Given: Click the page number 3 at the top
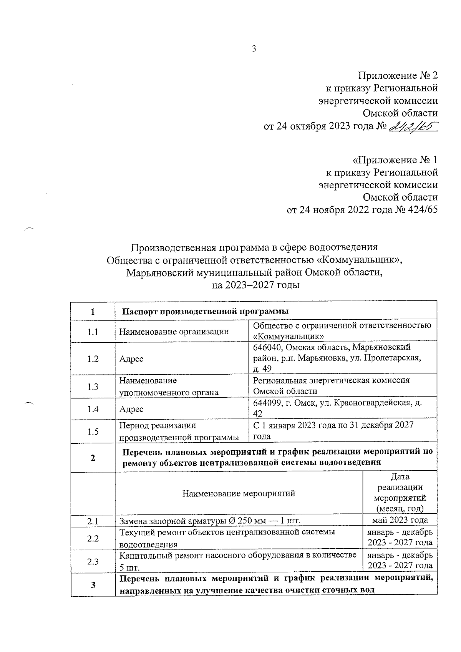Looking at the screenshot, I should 253,49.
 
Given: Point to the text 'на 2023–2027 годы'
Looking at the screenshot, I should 255,285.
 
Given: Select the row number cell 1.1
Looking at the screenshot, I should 93,332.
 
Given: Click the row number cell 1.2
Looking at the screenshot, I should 93,358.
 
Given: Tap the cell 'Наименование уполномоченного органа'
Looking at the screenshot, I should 169,387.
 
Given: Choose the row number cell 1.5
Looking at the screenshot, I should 93,431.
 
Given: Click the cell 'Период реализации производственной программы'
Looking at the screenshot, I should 179,431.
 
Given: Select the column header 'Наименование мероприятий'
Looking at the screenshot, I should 239,493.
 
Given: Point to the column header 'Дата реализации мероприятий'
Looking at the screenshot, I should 400,493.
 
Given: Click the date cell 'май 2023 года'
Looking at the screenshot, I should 400,521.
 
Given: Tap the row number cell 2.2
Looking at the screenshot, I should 93,538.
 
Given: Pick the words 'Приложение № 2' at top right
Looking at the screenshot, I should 398,75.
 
